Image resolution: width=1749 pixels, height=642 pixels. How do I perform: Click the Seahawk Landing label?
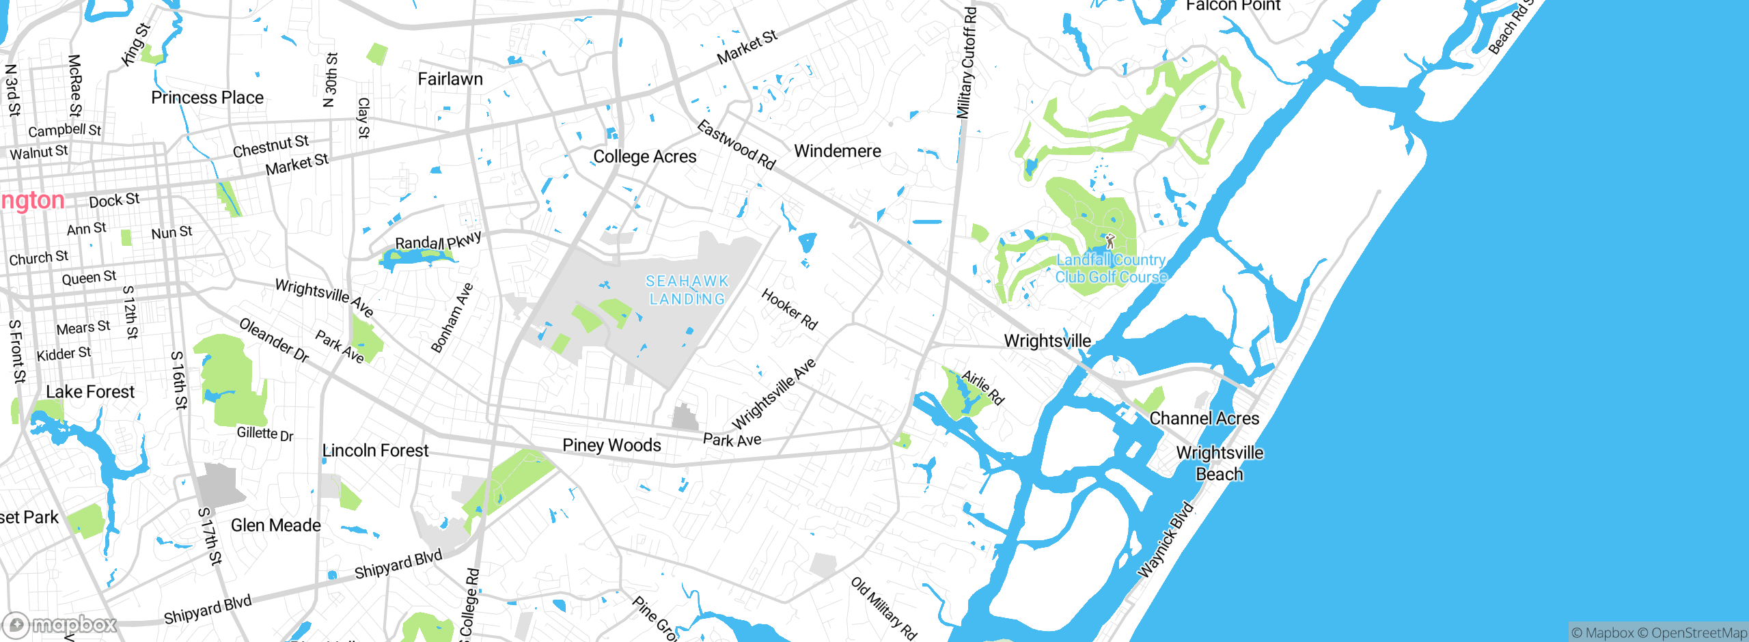pyautogui.click(x=687, y=290)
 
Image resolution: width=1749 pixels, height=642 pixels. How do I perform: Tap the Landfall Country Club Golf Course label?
pyautogui.click(x=1111, y=268)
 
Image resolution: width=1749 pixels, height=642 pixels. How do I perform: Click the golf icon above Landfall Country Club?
pyautogui.click(x=1110, y=241)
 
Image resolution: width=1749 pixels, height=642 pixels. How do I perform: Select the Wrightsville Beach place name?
pyautogui.click(x=1220, y=463)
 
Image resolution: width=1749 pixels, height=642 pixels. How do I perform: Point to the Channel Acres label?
pyautogui.click(x=1204, y=419)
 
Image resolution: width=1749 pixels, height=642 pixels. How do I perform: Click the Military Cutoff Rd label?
pyautogui.click(x=967, y=63)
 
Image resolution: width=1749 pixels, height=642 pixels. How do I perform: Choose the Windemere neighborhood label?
pyautogui.click(x=838, y=151)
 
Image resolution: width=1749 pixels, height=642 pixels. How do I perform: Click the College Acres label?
pyautogui.click(x=644, y=157)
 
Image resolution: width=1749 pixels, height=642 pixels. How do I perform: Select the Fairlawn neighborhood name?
pyautogui.click(x=450, y=79)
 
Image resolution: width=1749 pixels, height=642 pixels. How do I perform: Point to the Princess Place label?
pyautogui.click(x=207, y=98)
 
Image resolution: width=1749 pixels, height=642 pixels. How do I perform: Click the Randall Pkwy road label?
pyautogui.click(x=438, y=241)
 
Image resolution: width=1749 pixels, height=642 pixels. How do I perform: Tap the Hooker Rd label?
pyautogui.click(x=789, y=309)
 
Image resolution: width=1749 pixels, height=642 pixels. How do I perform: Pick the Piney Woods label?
pyautogui.click(x=611, y=445)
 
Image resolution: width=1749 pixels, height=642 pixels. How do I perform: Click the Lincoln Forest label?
pyautogui.click(x=375, y=451)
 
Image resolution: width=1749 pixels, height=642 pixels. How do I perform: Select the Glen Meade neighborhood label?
pyautogui.click(x=275, y=525)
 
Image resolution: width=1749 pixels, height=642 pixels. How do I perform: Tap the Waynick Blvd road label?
pyautogui.click(x=1166, y=540)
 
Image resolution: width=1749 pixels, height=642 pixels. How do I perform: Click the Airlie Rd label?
pyautogui.click(x=982, y=387)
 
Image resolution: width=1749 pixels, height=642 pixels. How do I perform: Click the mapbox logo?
pyautogui.click(x=60, y=624)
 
